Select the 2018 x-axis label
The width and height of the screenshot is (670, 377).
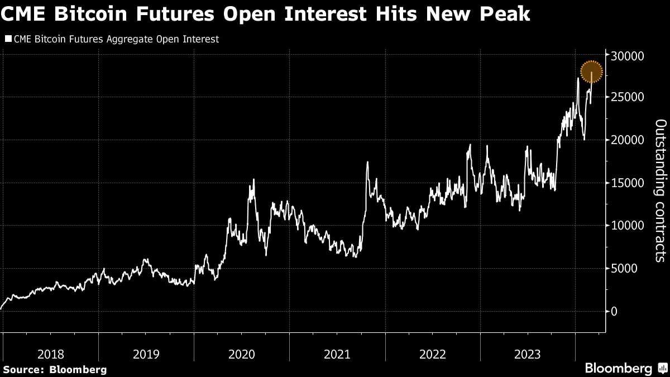tap(51, 354)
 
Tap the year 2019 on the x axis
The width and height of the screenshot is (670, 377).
tap(146, 354)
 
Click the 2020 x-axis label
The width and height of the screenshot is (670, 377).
tap(242, 354)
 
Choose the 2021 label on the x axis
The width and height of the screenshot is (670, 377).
tap(337, 354)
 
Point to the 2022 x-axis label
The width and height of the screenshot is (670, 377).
tap(432, 354)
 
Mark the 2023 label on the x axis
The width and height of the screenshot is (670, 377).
tap(528, 354)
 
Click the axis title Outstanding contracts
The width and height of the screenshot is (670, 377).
tap(659, 190)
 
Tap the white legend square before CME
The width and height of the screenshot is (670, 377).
tap(7, 40)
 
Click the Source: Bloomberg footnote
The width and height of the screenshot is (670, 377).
tap(54, 369)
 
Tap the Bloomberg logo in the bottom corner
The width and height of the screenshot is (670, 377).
tap(619, 369)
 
